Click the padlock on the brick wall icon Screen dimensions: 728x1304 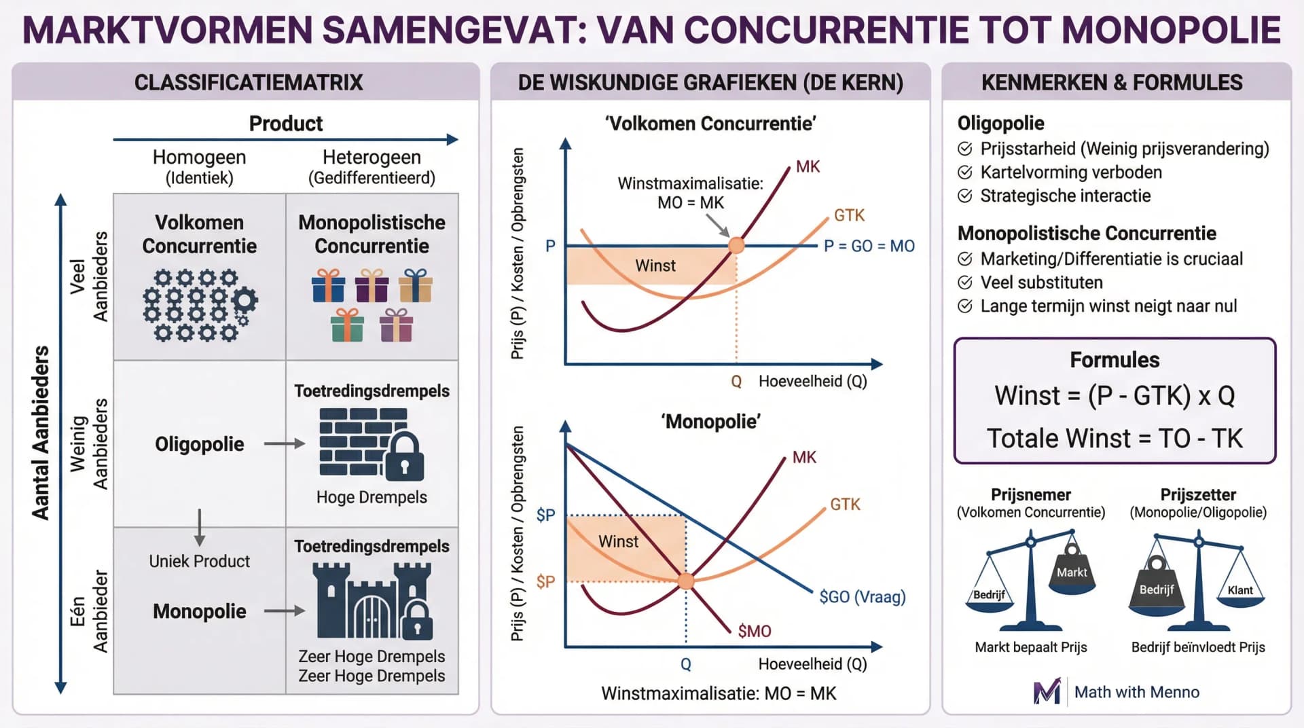(404, 458)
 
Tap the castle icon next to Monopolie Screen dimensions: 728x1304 (372, 601)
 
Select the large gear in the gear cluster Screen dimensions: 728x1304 (244, 299)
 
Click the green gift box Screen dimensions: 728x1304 (347, 325)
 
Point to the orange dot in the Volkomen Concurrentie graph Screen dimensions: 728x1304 (736, 245)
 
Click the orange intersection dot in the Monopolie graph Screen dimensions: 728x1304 (686, 581)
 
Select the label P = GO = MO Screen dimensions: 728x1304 (869, 246)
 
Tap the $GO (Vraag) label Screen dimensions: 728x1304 (862, 596)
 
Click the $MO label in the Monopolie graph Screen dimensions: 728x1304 (754, 631)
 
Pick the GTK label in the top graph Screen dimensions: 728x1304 (849, 215)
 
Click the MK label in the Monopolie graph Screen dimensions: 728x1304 (804, 457)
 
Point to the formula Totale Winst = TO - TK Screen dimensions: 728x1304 (1115, 438)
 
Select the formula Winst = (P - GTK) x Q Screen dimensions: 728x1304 (1115, 395)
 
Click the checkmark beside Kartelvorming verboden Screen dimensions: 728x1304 (964, 172)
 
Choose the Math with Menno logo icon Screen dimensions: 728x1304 (1047, 691)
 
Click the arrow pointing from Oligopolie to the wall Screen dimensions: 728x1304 (284, 443)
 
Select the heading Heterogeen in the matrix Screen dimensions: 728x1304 (372, 157)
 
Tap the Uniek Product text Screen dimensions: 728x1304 (199, 561)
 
